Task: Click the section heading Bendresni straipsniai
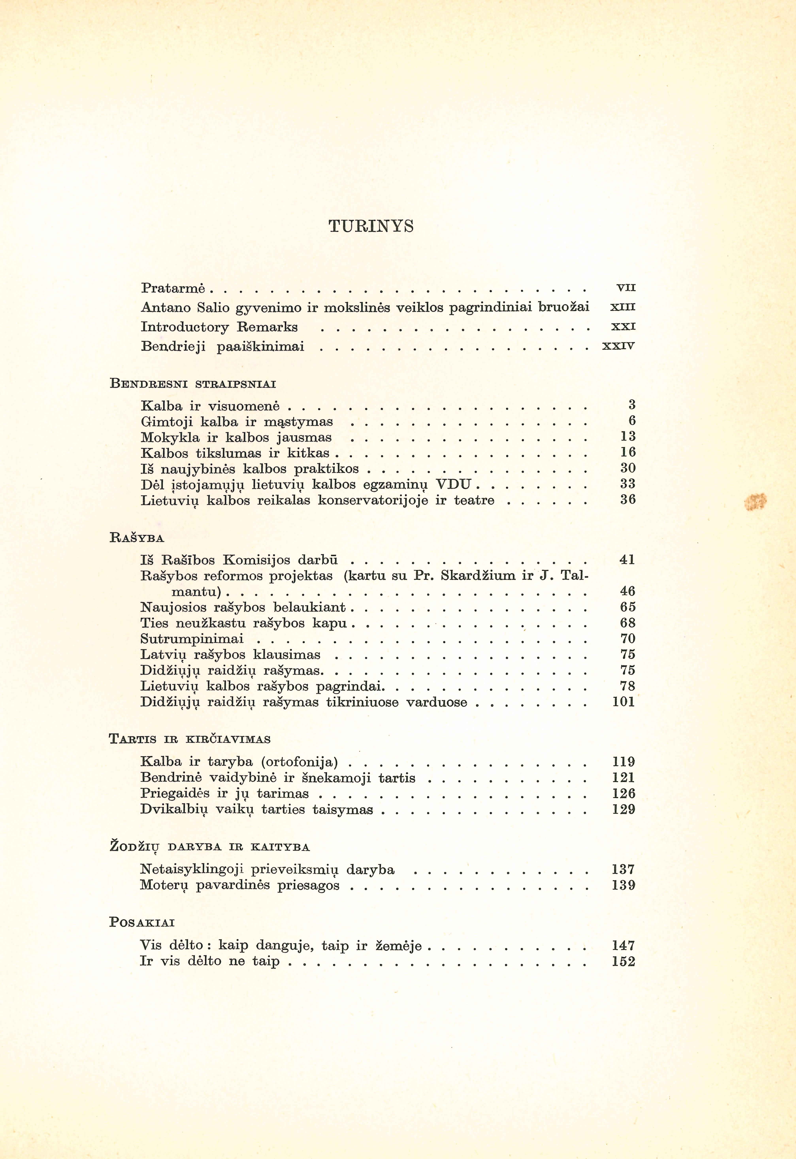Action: click(x=192, y=384)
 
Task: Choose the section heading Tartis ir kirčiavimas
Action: click(x=189, y=739)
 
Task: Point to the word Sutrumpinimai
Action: click(x=192, y=639)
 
